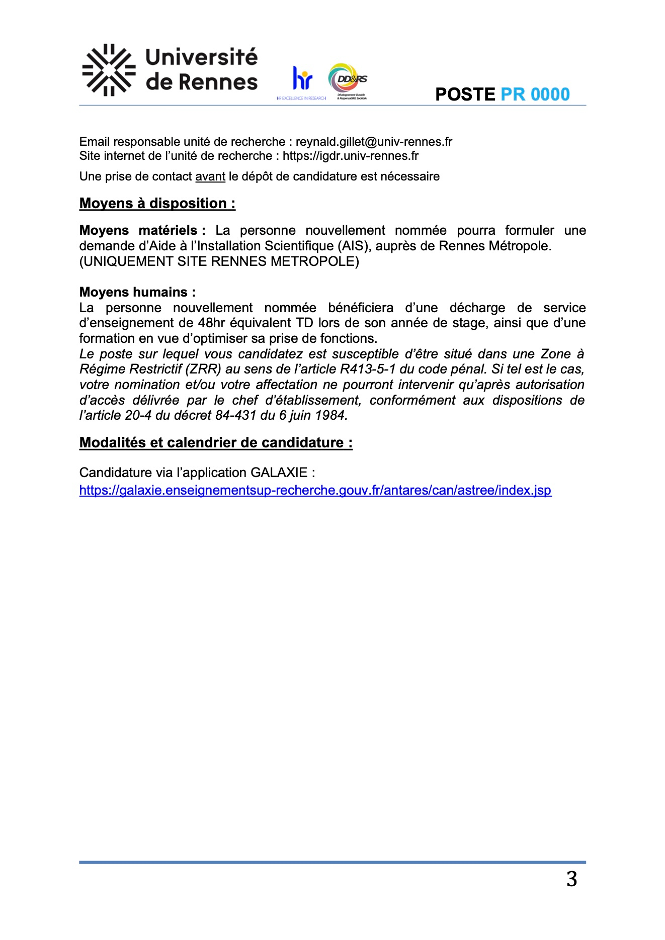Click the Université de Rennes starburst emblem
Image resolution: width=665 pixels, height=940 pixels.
click(109, 70)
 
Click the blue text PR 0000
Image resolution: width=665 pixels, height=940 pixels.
click(535, 95)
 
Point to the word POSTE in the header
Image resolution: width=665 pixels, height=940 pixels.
click(465, 95)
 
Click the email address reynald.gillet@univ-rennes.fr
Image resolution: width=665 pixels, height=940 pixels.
click(374, 142)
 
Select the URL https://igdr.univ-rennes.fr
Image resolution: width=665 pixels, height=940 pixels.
click(350, 156)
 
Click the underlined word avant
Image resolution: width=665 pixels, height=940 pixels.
click(210, 176)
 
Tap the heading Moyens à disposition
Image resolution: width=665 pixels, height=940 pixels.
click(157, 203)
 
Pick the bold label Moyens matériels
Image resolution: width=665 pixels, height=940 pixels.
click(142, 230)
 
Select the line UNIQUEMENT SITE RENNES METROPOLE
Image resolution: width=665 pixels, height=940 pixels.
click(219, 261)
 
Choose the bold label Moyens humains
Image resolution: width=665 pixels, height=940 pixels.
click(137, 292)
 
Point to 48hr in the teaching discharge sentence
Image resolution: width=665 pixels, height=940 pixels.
click(213, 323)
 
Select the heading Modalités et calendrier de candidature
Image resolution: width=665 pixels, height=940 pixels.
click(216, 442)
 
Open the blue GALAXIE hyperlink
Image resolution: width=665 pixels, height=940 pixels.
click(315, 490)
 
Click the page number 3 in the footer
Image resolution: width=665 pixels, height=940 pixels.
click(571, 879)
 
